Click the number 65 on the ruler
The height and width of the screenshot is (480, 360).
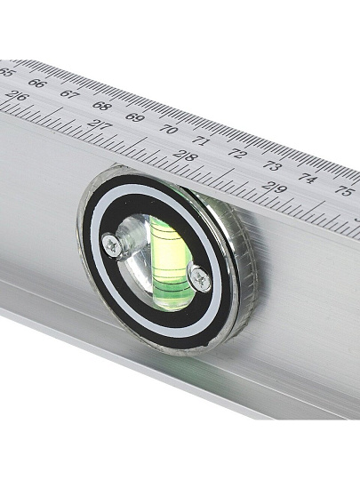[x=5, y=73]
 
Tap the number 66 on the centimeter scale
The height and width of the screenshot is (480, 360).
[x=36, y=83]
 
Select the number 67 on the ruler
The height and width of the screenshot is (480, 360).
[x=68, y=93]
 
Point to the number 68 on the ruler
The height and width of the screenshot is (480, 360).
[x=100, y=105]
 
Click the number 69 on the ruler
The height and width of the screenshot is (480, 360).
[x=134, y=117]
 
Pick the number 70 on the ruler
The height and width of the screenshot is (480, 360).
[x=168, y=129]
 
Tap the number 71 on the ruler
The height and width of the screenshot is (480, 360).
[x=202, y=141]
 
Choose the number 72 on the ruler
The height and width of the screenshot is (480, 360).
[x=237, y=153]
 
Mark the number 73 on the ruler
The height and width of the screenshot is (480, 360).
[x=272, y=165]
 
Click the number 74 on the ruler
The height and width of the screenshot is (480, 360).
[x=308, y=178]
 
